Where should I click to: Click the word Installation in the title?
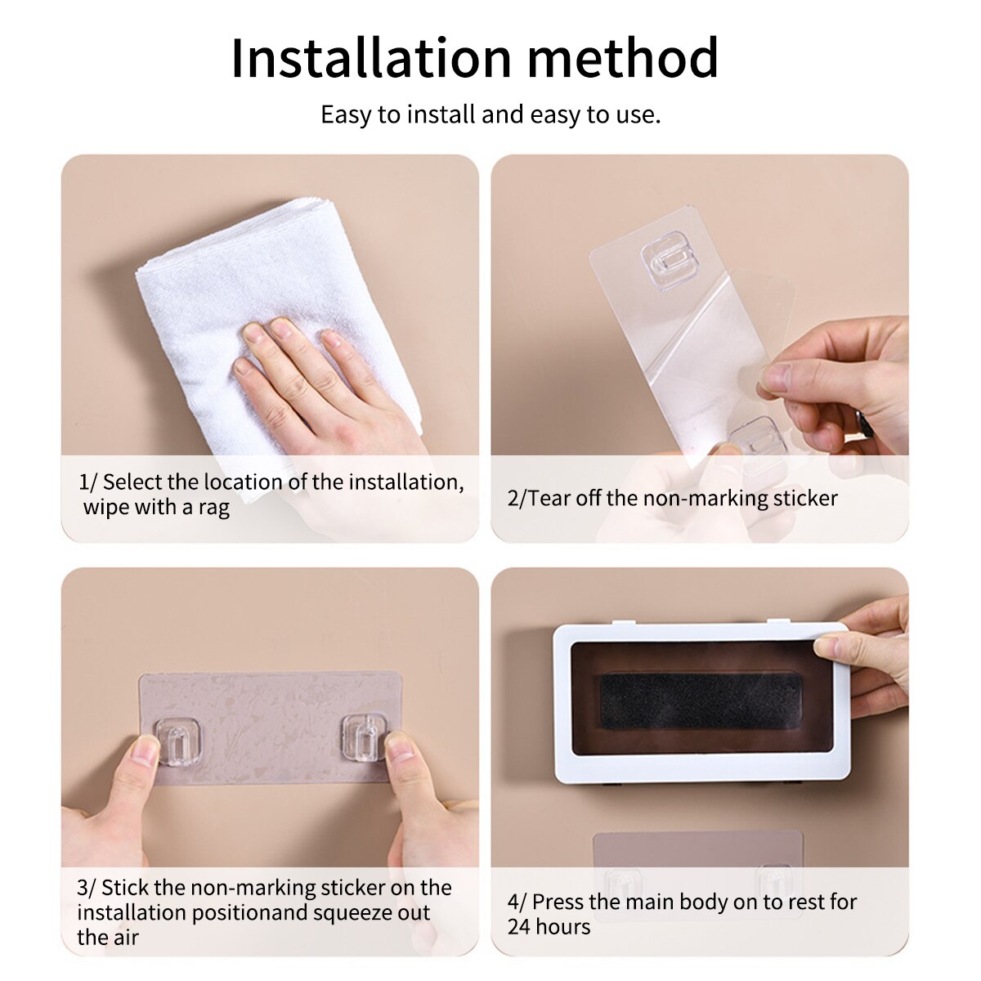click(x=370, y=58)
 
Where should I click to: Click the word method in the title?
click(x=623, y=58)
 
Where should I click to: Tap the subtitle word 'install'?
click(x=441, y=114)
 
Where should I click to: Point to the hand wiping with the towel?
click(x=327, y=384)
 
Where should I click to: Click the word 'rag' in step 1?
click(x=213, y=508)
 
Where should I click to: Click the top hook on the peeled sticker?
click(x=663, y=258)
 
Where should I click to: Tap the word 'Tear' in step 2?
click(x=549, y=498)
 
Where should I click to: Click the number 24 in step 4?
click(x=520, y=927)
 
